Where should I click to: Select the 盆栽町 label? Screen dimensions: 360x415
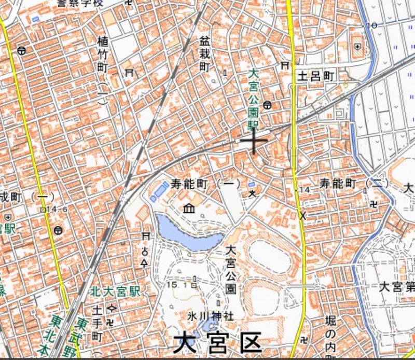click(204, 53)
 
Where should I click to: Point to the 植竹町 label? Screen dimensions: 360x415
click(102, 54)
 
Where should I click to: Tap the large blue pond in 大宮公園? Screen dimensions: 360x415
click(187, 233)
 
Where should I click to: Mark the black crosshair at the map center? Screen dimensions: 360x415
click(254, 140)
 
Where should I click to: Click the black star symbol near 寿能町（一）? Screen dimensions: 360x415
click(253, 194)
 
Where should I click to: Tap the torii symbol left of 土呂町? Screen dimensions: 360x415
click(285, 65)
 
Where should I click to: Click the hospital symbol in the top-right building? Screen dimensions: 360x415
click(358, 47)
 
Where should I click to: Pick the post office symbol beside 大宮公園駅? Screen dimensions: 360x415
click(267, 105)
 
